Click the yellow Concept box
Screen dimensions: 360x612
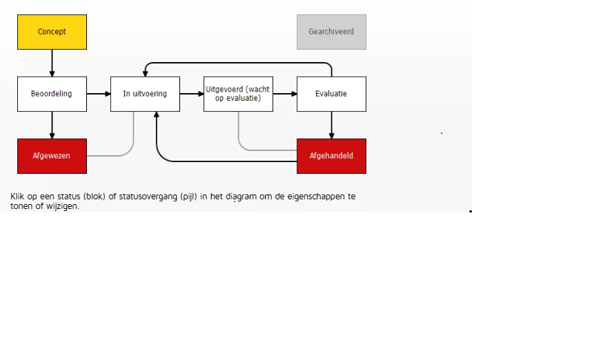point(52,32)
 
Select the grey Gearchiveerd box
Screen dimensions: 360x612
point(331,32)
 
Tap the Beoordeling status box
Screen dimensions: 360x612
point(52,94)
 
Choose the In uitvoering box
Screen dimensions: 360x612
point(145,94)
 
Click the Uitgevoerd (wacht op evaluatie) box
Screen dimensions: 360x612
point(238,94)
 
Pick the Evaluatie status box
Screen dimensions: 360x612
point(331,94)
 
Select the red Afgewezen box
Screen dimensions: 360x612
point(52,156)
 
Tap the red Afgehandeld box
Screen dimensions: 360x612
point(331,156)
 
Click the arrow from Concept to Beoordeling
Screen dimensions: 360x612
point(52,63)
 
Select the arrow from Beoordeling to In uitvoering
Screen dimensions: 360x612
point(98,94)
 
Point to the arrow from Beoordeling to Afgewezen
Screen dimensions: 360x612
point(52,125)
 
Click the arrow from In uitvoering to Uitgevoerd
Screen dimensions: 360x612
point(191,94)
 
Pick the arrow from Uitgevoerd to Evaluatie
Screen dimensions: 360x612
point(284,94)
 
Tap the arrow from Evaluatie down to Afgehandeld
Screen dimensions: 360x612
point(331,125)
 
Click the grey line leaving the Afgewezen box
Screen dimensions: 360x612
point(110,156)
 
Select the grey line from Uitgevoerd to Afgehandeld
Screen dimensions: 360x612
point(266,150)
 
